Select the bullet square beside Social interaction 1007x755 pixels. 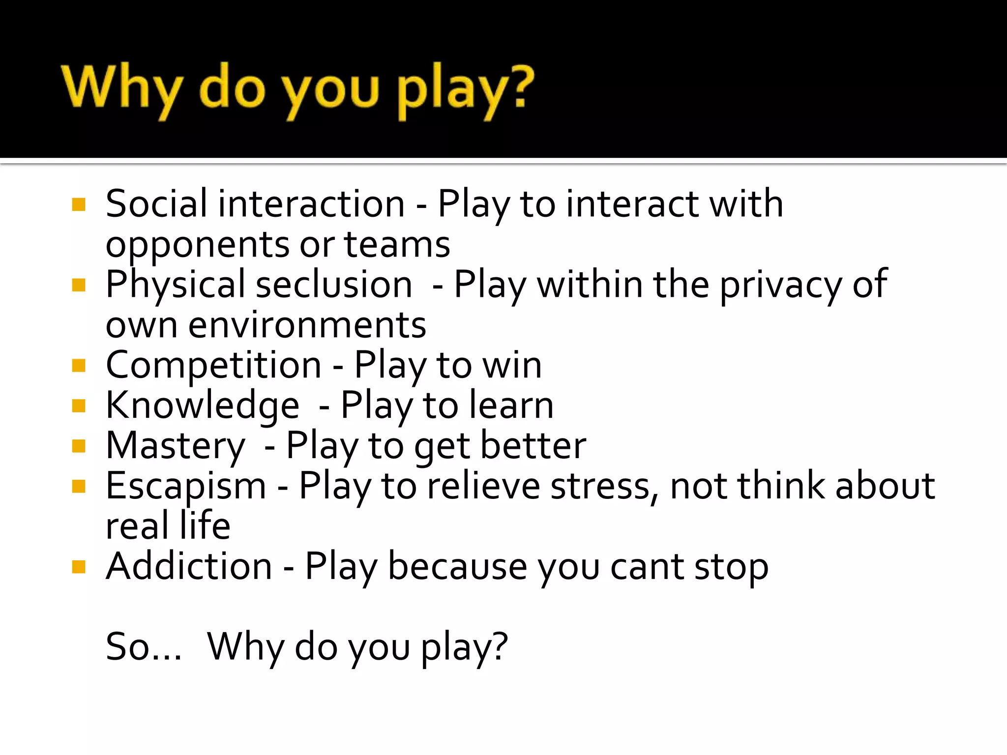79,204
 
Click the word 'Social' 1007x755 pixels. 156,203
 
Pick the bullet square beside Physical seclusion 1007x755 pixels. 79,285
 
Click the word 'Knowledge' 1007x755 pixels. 202,406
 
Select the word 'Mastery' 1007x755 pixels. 175,446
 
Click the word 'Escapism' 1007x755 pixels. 186,486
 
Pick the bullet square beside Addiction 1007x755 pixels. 79,567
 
